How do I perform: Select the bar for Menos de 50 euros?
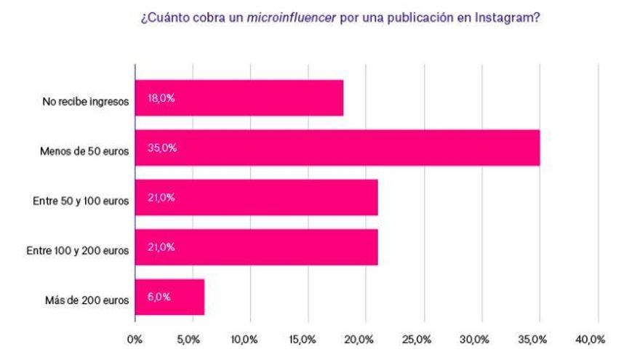(x=337, y=148)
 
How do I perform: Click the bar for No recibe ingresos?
(x=239, y=98)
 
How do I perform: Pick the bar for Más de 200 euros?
(x=169, y=297)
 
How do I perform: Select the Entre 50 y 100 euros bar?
(x=256, y=198)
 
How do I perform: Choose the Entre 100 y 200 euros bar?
(x=256, y=247)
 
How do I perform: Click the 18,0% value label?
(x=161, y=98)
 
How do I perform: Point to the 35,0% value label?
(x=161, y=148)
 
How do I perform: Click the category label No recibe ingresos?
(x=85, y=102)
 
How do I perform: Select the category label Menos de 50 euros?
(x=85, y=151)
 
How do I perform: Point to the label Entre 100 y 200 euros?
(x=77, y=251)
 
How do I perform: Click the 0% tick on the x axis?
(x=135, y=339)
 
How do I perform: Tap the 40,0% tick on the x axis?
(x=590, y=339)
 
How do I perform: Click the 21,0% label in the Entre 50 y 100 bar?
(x=161, y=198)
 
